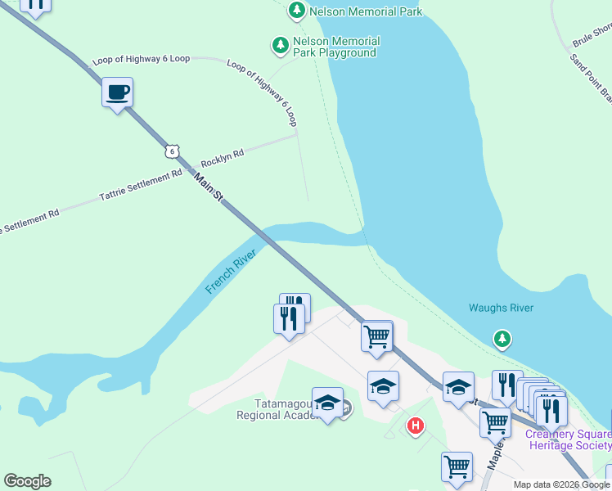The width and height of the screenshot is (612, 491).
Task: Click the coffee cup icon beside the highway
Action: pyautogui.click(x=118, y=92)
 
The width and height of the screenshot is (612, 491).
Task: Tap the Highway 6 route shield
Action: pyautogui.click(x=170, y=151)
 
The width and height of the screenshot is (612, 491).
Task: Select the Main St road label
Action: pyautogui.click(x=209, y=187)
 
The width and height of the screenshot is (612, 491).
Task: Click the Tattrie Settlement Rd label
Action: pyautogui.click(x=141, y=186)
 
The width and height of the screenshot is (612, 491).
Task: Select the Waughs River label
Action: pyautogui.click(x=501, y=308)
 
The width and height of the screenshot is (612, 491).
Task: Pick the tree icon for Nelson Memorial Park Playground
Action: pyautogui.click(x=281, y=44)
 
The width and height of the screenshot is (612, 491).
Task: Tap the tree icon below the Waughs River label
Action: pyautogui.click(x=502, y=338)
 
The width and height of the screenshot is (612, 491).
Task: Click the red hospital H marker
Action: pyautogui.click(x=416, y=426)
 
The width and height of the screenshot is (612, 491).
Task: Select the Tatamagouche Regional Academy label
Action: pyautogui.click(x=275, y=408)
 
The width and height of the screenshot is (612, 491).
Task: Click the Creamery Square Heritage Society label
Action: pyautogui.click(x=568, y=439)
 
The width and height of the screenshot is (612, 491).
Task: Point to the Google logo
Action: pyautogui.click(x=27, y=481)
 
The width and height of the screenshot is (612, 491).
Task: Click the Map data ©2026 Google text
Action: pyautogui.click(x=561, y=484)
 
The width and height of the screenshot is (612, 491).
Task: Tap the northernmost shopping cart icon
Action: pyautogui.click(x=376, y=336)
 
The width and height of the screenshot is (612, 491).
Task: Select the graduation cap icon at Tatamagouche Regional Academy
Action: pyautogui.click(x=327, y=403)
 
